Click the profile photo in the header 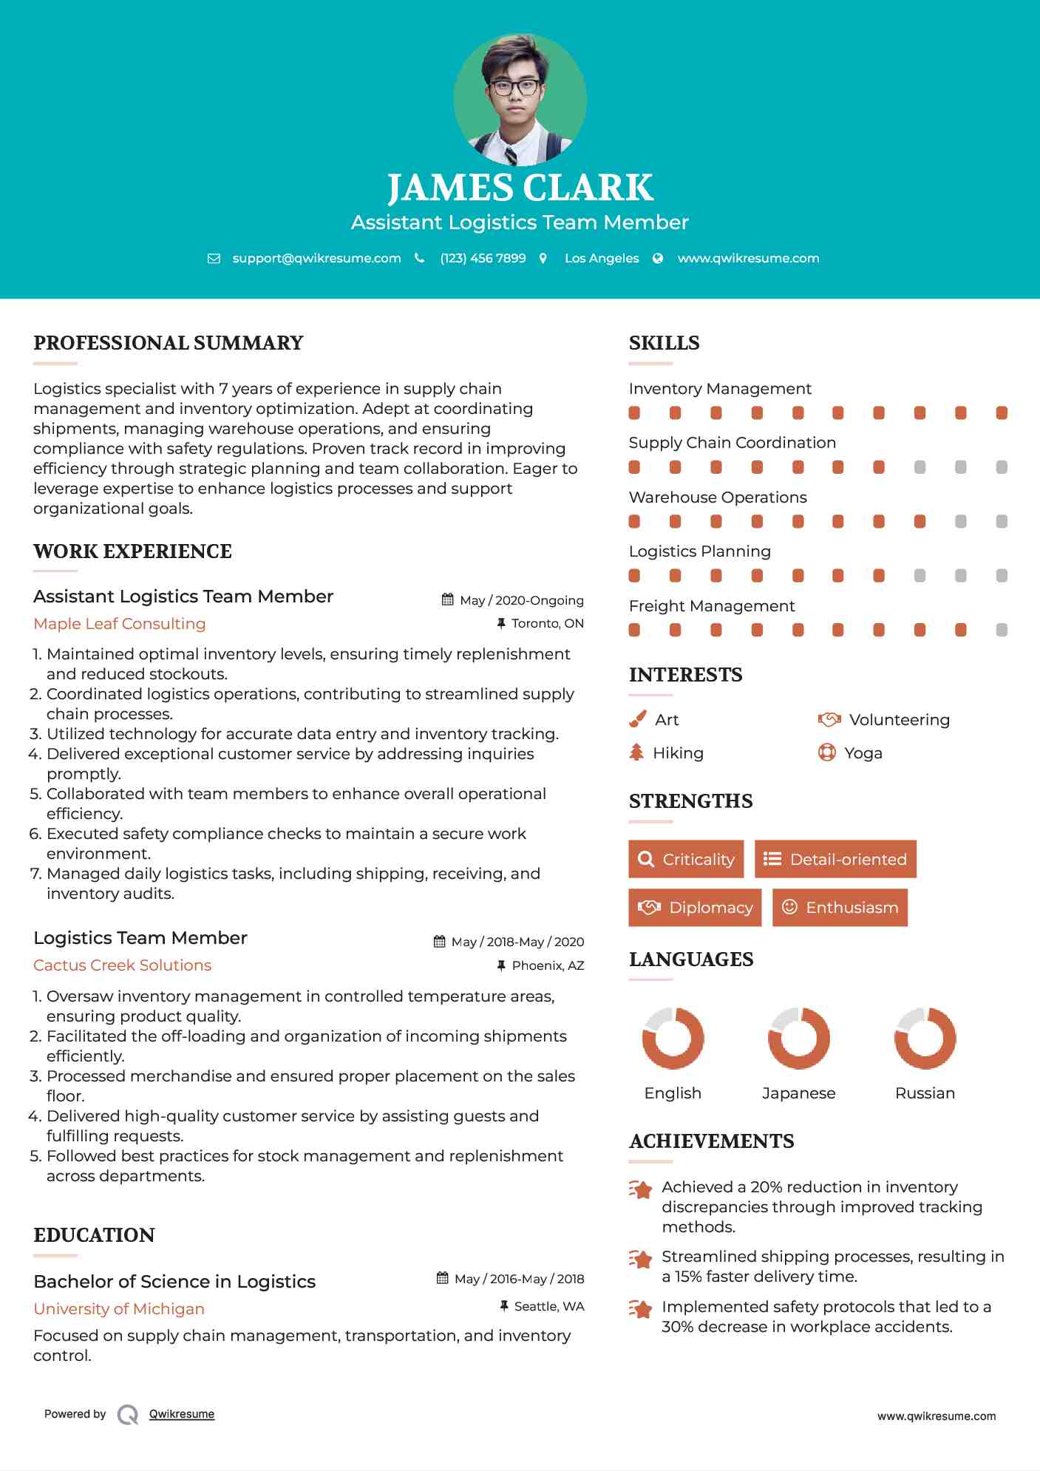(x=520, y=100)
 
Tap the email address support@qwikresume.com (x=316, y=259)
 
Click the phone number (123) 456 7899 (x=483, y=259)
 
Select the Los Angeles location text (x=602, y=259)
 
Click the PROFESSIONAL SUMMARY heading (x=169, y=343)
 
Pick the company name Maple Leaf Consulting (x=120, y=624)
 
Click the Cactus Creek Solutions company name (x=123, y=965)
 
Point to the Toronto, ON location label (x=547, y=624)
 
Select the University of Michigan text (x=119, y=1309)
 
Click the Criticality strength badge (x=686, y=859)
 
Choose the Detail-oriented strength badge (x=835, y=859)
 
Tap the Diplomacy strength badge (x=695, y=908)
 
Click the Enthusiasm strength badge (x=840, y=908)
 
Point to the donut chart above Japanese (x=798, y=1038)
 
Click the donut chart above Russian (x=925, y=1038)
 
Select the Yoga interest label (x=863, y=753)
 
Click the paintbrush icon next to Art (x=637, y=719)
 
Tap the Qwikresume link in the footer (x=182, y=1414)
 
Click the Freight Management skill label (x=712, y=606)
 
